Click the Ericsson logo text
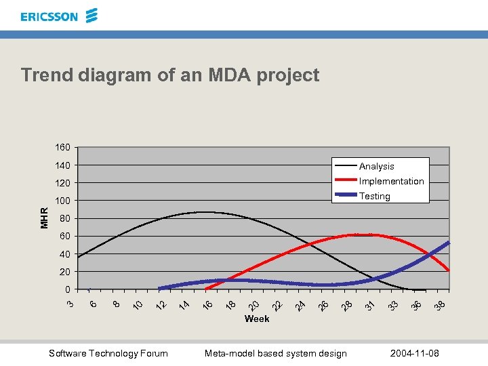click(x=49, y=16)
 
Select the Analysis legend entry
click(x=376, y=166)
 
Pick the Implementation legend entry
click(x=391, y=181)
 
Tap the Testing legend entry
click(x=375, y=196)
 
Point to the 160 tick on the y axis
click(x=62, y=147)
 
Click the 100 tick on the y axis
click(x=62, y=201)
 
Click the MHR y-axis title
click(x=44, y=218)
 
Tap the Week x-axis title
click(x=257, y=319)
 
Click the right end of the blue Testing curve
click(x=449, y=242)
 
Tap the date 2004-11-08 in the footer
click(x=415, y=353)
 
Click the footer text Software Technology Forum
click(x=108, y=353)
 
